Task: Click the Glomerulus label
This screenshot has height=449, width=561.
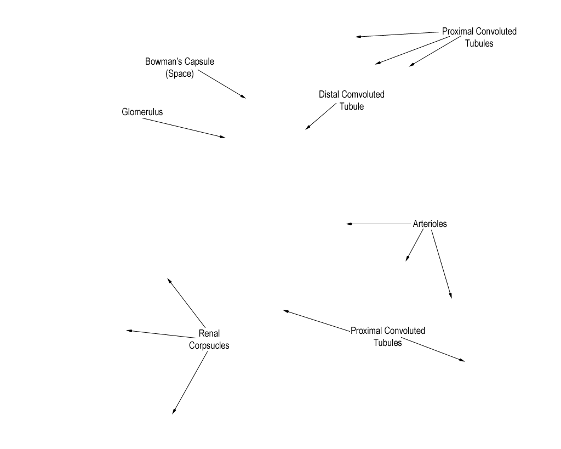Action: tap(142, 112)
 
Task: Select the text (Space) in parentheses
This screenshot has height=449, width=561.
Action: tap(180, 74)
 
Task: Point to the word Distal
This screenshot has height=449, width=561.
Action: tap(329, 94)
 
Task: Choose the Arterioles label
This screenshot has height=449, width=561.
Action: tap(430, 224)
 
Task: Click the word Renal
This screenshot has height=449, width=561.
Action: tap(209, 333)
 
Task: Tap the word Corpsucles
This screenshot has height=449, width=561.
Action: tap(209, 345)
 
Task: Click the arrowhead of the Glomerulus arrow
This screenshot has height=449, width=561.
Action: tap(225, 138)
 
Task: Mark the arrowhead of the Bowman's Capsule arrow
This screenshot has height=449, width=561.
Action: tap(245, 98)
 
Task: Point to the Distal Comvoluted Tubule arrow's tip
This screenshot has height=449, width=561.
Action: tap(306, 129)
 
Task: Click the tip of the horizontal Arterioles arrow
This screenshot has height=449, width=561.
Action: tap(346, 224)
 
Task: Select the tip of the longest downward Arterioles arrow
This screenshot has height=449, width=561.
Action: tap(451, 298)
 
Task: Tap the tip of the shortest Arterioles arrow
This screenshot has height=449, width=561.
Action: tap(406, 261)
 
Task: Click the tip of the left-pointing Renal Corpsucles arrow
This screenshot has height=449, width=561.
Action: tap(127, 331)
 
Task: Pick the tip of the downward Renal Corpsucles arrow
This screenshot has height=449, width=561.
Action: tap(173, 414)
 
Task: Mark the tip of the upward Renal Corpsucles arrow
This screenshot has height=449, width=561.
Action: tap(168, 279)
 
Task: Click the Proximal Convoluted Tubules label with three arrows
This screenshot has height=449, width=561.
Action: tap(479, 37)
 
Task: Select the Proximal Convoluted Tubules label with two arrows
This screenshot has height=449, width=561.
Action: tap(388, 337)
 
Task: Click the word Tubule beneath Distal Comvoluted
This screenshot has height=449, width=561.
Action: tap(352, 107)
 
